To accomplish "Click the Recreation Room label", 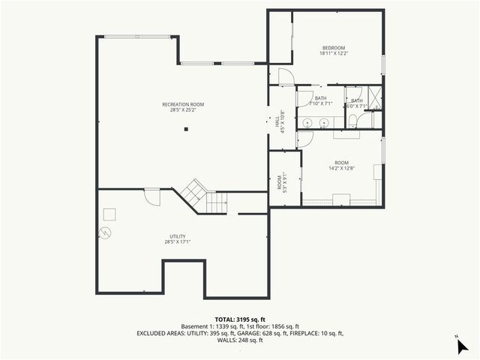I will [x=183, y=107].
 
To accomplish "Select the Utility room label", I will [x=177, y=238].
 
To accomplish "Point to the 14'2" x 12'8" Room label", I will [x=341, y=166].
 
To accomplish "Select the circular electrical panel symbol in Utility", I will [x=107, y=232].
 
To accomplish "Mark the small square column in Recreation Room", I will [x=187, y=129].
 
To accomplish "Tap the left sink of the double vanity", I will [x=308, y=123].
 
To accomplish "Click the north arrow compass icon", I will [x=462, y=346].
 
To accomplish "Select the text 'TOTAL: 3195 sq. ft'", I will [x=239, y=319].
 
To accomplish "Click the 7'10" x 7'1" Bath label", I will [x=321, y=101].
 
